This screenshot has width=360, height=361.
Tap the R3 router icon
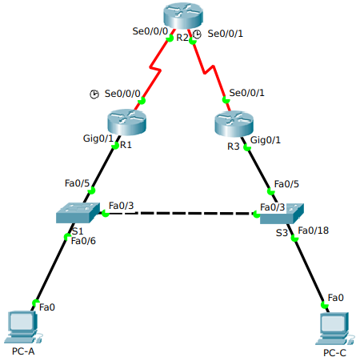[x=234, y=125]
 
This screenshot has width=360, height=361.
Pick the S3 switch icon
[x=282, y=215]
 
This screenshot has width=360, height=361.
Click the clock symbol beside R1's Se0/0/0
[x=94, y=94]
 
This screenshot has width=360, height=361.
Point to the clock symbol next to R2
[x=198, y=34]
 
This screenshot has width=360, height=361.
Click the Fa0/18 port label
[x=313, y=231]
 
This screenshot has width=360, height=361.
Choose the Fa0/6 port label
[x=83, y=240]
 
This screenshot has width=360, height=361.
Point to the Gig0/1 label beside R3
[x=266, y=140]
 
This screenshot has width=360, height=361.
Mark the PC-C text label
[x=335, y=353]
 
